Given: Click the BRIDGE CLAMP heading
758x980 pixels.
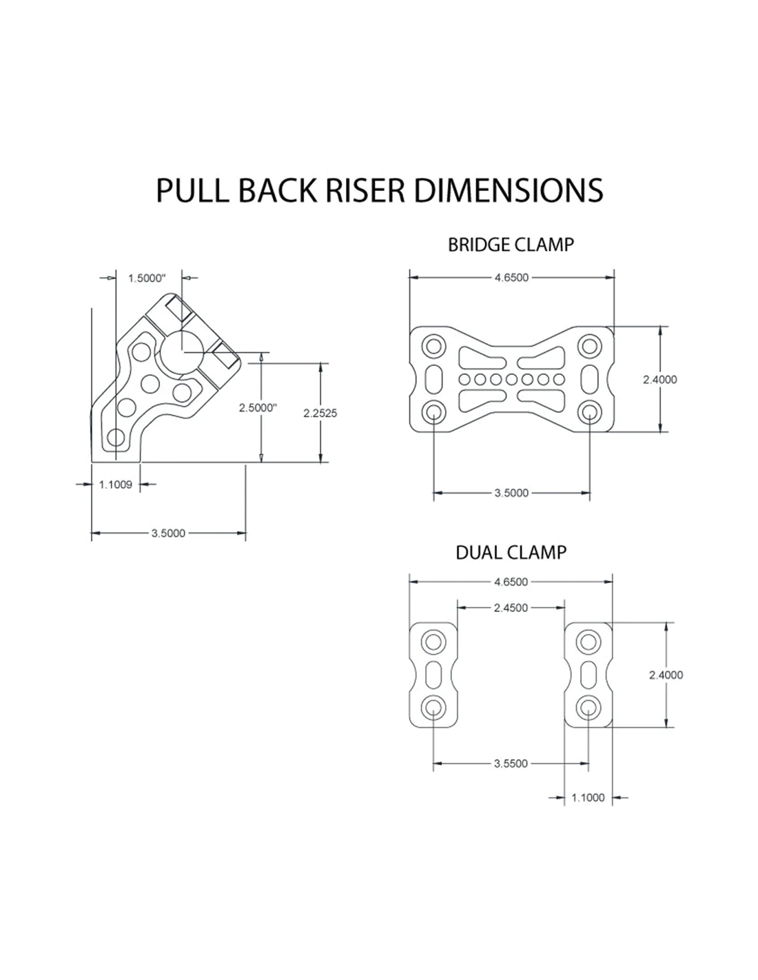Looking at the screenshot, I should coord(511,245).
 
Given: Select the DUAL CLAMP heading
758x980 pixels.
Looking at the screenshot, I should coord(511,552).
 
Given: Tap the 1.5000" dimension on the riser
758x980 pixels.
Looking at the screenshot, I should coord(147,278).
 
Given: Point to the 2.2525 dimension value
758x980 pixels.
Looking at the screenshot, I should coord(320,413).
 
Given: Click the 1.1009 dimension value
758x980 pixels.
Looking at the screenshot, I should coord(115,484).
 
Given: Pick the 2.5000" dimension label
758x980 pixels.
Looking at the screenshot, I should coord(258,407).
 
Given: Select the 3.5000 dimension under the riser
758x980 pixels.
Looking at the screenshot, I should coord(168,533).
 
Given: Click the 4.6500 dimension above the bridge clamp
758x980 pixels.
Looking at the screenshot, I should coord(511,278).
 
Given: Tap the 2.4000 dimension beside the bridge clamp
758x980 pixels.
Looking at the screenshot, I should coord(659,379).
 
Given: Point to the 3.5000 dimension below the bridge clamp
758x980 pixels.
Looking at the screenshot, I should coord(511,493).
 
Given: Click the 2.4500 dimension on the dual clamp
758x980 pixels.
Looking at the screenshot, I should coord(511,608).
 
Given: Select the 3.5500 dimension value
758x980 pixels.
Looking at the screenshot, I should coord(511,763).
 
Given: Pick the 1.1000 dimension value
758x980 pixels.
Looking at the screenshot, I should coord(588,797).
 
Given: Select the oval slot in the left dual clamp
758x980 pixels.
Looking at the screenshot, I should coord(434,674).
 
